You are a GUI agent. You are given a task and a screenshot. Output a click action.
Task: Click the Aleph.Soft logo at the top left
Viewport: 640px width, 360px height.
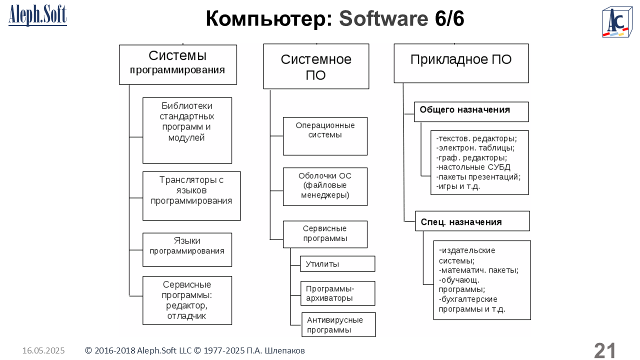click(x=37, y=15)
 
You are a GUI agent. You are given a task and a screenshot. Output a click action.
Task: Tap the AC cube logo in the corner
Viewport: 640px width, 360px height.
click(x=617, y=22)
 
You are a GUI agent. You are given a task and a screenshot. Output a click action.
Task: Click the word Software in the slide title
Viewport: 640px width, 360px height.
click(x=383, y=18)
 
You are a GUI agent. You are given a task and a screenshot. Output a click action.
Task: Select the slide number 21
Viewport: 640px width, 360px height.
click(x=604, y=350)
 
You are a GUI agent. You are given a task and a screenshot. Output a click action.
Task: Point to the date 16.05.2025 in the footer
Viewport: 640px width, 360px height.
click(x=43, y=350)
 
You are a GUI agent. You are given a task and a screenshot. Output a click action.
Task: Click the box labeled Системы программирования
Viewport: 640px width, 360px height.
click(x=177, y=64)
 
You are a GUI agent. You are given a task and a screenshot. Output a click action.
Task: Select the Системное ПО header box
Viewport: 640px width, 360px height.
click(x=316, y=66)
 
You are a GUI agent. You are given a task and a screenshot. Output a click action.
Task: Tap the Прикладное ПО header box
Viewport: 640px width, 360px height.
click(x=461, y=63)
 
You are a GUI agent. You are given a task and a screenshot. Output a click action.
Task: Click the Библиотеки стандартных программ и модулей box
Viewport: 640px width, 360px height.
click(x=187, y=130)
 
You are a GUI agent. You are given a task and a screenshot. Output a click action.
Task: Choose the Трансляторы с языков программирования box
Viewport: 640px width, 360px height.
click(x=191, y=196)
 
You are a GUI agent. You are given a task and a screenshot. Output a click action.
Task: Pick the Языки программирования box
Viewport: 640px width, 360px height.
click(x=187, y=250)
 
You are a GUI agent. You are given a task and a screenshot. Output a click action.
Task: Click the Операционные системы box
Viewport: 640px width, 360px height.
click(x=325, y=136)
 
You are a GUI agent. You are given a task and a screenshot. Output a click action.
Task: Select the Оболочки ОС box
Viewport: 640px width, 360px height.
click(x=325, y=186)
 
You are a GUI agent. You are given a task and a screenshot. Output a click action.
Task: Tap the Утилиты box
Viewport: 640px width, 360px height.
click(x=337, y=263)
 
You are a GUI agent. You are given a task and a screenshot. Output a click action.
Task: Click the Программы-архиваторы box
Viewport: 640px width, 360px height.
click(x=337, y=293)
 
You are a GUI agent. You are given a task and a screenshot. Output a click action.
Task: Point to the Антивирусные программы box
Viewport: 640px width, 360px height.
click(x=338, y=324)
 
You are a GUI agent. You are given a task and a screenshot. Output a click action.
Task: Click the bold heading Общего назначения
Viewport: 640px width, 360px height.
click(x=464, y=109)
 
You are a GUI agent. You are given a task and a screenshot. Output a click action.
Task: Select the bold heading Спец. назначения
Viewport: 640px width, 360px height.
click(x=461, y=222)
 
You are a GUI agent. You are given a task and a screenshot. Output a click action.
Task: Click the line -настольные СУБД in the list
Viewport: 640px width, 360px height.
click(x=473, y=167)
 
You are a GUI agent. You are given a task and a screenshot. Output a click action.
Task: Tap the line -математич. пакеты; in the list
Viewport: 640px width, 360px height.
click(x=478, y=270)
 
